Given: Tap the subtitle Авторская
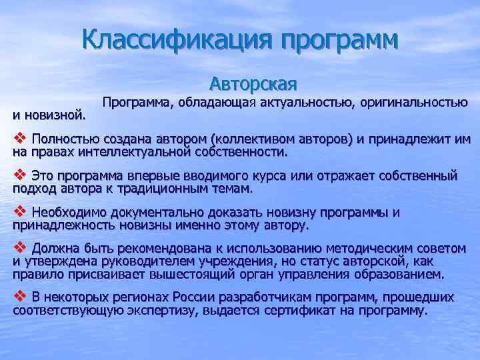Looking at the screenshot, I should point(253,85).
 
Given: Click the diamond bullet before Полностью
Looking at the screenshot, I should point(19,139).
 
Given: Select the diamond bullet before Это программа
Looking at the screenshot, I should point(19,175).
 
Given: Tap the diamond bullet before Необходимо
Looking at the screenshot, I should point(19,212).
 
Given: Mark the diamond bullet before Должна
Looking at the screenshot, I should point(19,248).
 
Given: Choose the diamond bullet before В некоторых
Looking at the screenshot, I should point(19,297).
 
